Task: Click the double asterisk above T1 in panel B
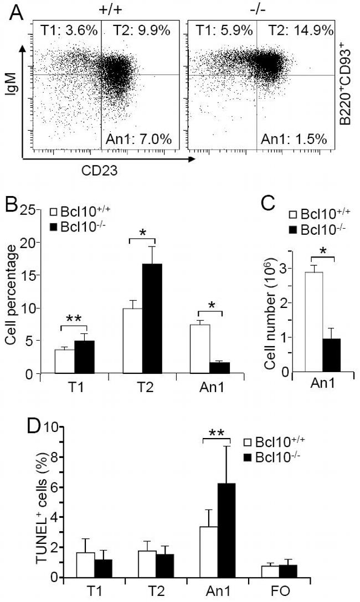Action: [74, 319]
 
